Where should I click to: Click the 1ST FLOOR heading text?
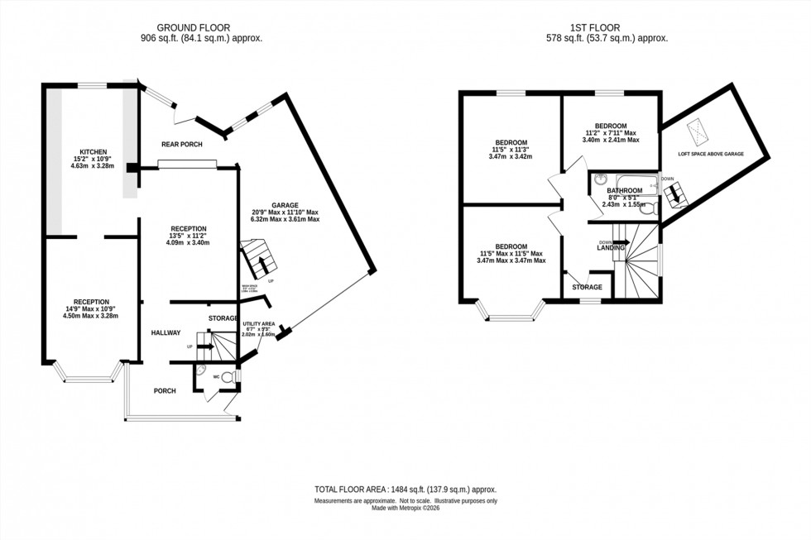click(607, 27)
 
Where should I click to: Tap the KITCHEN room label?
click(93, 152)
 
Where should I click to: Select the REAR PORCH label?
click(181, 145)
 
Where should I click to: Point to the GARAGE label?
click(285, 205)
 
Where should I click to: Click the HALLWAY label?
click(166, 332)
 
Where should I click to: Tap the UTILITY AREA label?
click(258, 325)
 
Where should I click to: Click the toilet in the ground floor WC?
click(235, 377)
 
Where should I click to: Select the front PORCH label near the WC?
click(164, 390)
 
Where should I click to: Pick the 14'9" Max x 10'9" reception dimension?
click(91, 316)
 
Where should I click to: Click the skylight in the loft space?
click(698, 130)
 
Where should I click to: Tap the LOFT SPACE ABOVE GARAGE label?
click(711, 154)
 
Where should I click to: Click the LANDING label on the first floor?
click(611, 247)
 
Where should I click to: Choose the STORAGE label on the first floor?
click(588, 287)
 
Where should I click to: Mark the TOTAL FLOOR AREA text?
click(405, 490)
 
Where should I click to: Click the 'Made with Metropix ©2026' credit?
click(405, 508)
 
